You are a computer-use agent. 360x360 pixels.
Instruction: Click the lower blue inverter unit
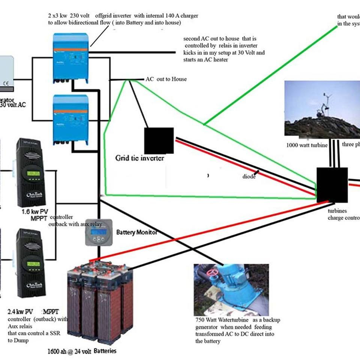(70, 119)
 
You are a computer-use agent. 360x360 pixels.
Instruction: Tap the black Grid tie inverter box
(159, 141)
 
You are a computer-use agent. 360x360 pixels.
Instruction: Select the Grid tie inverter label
(139, 158)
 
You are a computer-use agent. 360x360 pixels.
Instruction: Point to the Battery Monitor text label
(136, 232)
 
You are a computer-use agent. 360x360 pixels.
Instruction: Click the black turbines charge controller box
(331, 185)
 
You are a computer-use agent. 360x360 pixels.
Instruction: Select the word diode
(249, 176)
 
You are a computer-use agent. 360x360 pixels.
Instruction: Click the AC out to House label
(166, 79)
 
